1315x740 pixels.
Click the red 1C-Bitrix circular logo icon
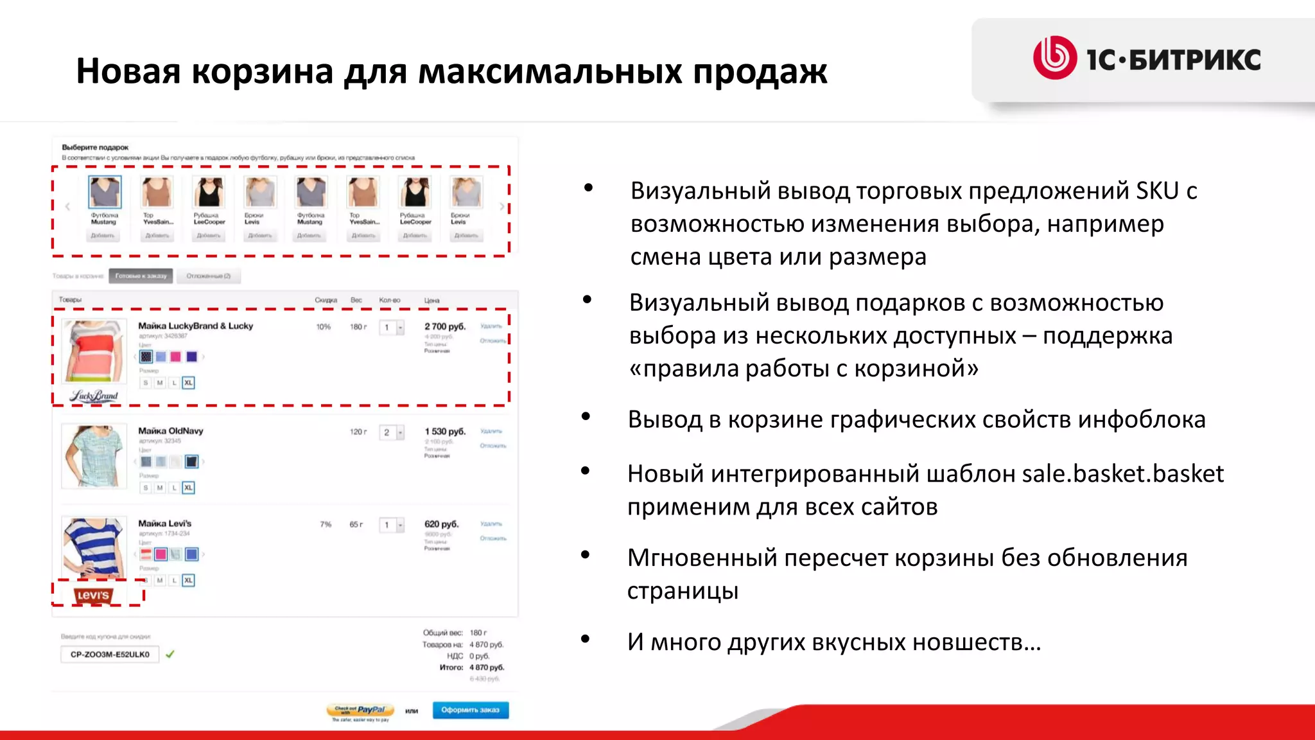(1054, 58)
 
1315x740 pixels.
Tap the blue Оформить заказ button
(470, 710)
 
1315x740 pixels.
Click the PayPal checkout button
(360, 710)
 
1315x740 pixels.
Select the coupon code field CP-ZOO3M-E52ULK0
(110, 655)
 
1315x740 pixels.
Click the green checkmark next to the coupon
(170, 655)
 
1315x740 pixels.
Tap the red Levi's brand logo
(93, 595)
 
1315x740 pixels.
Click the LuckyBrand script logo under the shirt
(94, 396)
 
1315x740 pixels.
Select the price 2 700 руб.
(444, 327)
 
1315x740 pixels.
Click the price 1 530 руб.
(444, 432)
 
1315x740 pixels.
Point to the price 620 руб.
(441, 524)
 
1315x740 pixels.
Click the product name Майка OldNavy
(171, 431)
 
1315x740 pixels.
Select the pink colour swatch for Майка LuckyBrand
(176, 357)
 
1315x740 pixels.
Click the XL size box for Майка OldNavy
(188, 488)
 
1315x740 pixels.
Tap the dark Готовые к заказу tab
(141, 276)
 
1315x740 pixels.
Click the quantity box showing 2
(387, 433)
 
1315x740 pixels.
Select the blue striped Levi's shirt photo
(94, 546)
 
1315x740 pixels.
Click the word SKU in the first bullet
(1157, 191)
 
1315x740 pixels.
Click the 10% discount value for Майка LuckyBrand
(323, 327)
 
